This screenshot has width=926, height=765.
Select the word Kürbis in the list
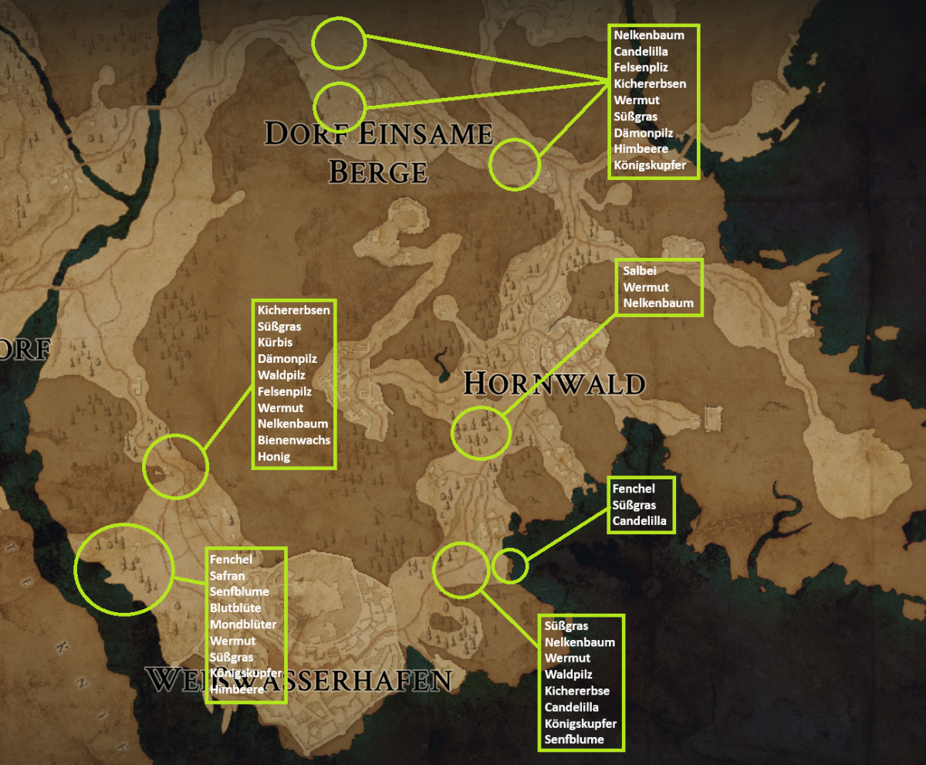[x=275, y=343]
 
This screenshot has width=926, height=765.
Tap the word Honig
[x=273, y=456]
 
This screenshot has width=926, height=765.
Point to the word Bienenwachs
[x=294, y=440]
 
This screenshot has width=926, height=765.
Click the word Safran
[x=227, y=576]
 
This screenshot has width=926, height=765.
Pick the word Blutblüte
[x=235, y=608]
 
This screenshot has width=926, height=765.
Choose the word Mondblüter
[x=243, y=625]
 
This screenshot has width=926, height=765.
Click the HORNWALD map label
[x=553, y=384]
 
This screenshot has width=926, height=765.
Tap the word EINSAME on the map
[x=425, y=134]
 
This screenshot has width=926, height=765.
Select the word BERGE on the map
[x=378, y=172]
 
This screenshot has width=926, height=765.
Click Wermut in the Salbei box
[x=646, y=287]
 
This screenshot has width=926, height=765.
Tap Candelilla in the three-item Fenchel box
[x=640, y=521]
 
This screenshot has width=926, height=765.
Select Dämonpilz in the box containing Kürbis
[x=287, y=359]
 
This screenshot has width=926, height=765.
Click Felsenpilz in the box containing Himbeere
[x=640, y=68]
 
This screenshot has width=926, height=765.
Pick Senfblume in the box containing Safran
[x=239, y=592]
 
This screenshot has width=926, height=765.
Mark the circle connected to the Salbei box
[x=479, y=433]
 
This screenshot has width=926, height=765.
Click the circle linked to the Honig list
[x=176, y=465]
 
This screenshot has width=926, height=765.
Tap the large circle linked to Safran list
[x=123, y=569]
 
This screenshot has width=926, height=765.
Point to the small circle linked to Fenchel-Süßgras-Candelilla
[x=509, y=565]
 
